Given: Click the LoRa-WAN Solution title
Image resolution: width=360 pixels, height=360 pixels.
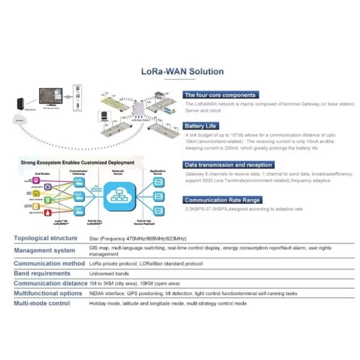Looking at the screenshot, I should point(182,71).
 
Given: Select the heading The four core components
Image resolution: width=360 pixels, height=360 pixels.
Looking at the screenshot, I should point(220,95).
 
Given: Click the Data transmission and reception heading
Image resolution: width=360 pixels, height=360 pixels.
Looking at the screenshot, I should point(228,164).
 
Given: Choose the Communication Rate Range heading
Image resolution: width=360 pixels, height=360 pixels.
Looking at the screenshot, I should point(222,200).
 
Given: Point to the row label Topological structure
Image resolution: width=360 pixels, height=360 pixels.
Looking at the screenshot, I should point(46,238).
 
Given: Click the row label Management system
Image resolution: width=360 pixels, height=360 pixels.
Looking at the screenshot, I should point(44,250).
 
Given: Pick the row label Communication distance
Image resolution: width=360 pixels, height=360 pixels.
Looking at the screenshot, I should point(50,283).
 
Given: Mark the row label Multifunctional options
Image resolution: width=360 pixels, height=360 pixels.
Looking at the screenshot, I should point(48,293).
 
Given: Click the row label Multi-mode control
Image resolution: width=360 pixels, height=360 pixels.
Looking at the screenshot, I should point(42,304).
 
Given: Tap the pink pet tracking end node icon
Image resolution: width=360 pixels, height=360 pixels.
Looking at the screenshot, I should point(28,179).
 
